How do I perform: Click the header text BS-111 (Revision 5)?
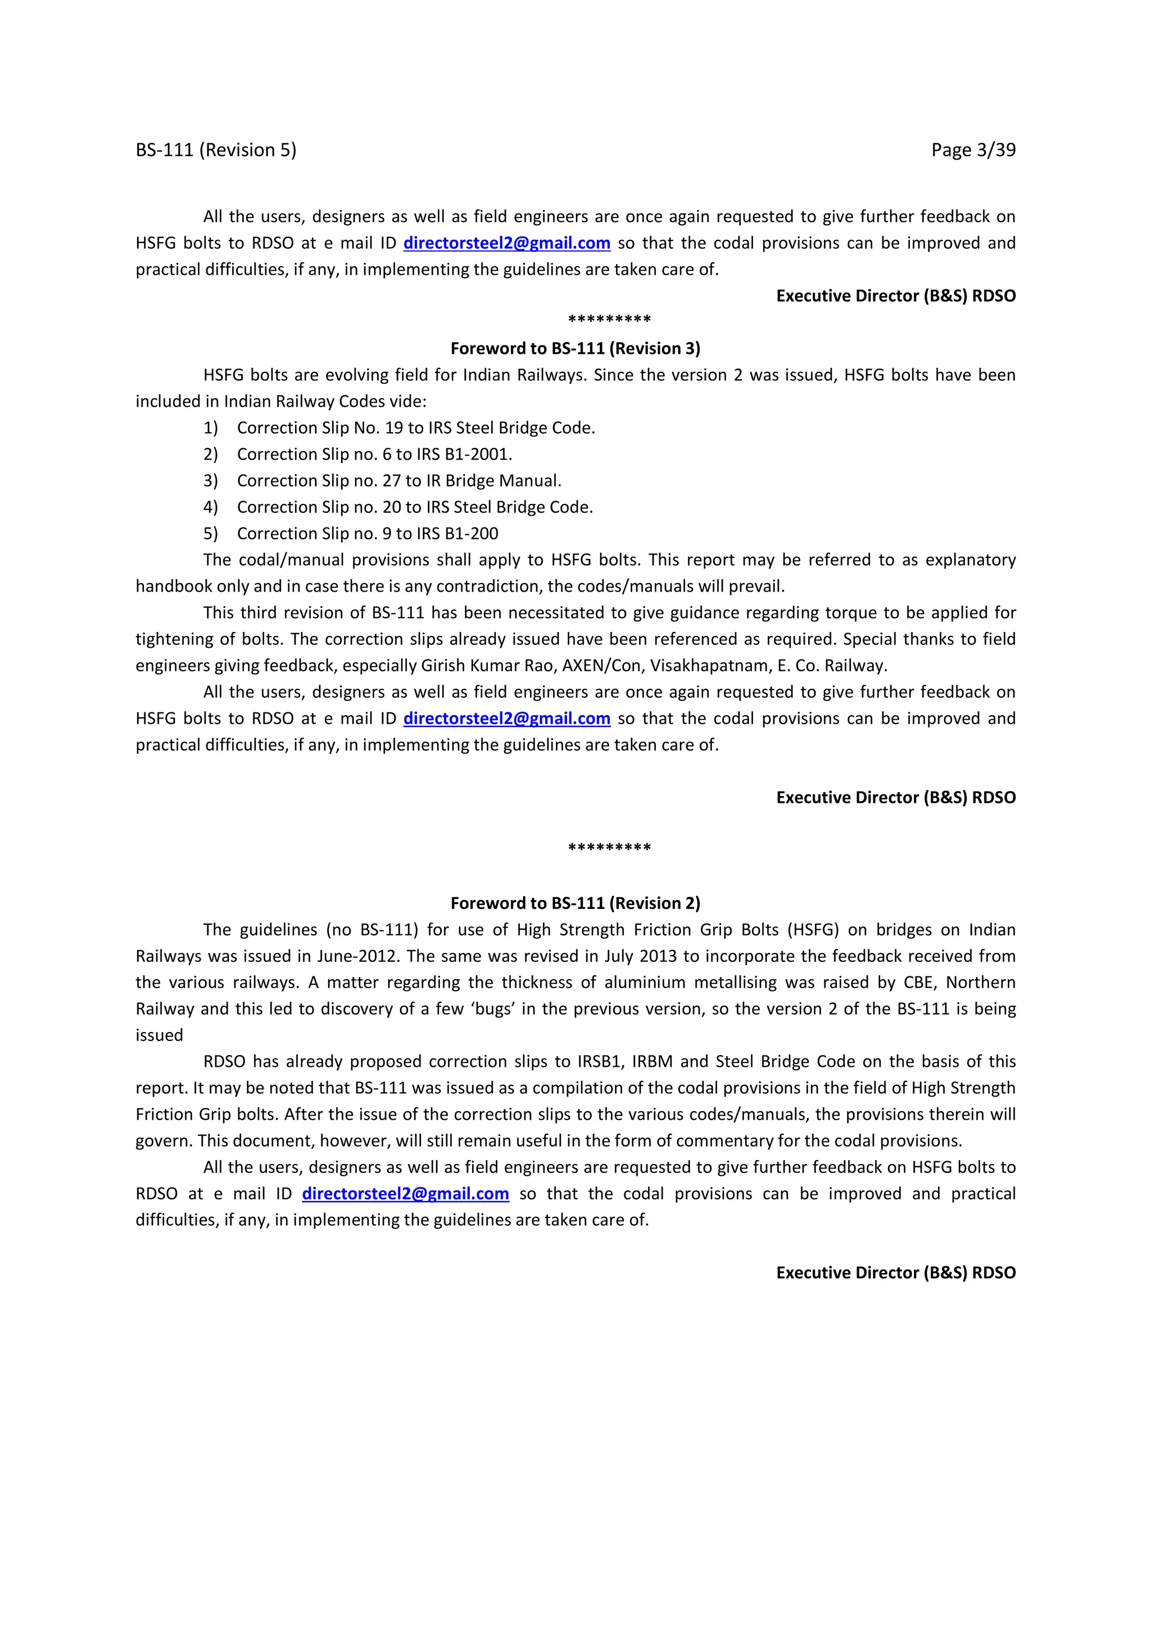pos(216,150)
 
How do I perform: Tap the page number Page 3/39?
pos(972,150)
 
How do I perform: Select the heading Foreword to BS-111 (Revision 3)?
pos(575,349)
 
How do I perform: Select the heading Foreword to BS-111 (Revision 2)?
pos(575,903)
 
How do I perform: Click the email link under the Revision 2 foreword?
pos(405,1193)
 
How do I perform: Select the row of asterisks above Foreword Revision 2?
pos(610,848)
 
